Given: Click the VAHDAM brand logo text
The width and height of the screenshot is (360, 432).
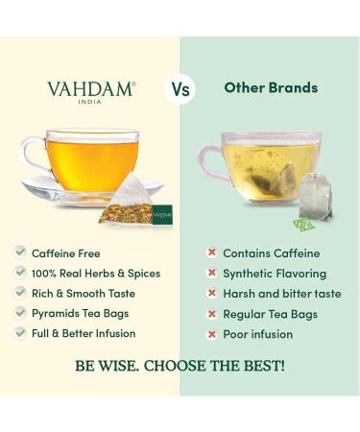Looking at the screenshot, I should pyautogui.click(x=90, y=89).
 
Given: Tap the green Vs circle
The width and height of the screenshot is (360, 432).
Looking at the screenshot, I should pyautogui.click(x=180, y=89).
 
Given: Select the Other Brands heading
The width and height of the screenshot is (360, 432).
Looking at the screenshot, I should pyautogui.click(x=271, y=88).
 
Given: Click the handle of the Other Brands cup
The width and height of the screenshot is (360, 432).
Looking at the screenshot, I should pyautogui.click(x=208, y=157).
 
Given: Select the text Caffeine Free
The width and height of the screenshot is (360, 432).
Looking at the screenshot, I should pyautogui.click(x=66, y=253).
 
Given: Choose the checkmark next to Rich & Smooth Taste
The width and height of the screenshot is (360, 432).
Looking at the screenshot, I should pyautogui.click(x=19, y=293).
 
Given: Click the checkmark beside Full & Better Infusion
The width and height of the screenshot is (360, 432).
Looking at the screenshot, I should pyautogui.click(x=19, y=333).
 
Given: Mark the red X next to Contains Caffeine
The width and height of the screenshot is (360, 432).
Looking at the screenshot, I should pyautogui.click(x=210, y=253).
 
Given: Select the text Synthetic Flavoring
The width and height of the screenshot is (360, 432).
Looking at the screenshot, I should pyautogui.click(x=275, y=274).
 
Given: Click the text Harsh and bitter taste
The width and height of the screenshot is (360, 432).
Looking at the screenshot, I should pyautogui.click(x=281, y=294).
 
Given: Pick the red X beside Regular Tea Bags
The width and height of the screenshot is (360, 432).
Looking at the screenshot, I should pyautogui.click(x=210, y=314).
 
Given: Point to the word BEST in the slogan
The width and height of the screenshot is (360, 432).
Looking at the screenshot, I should pyautogui.click(x=257, y=366).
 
